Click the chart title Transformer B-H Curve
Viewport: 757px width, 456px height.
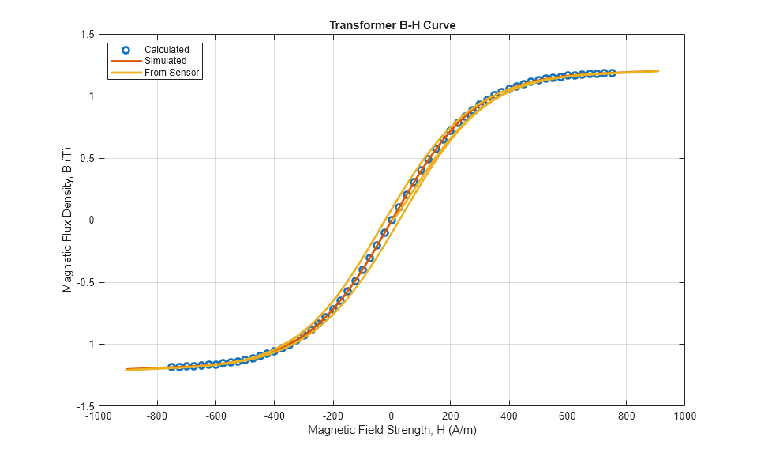coord(392,25)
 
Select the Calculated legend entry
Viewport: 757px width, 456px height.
coord(167,50)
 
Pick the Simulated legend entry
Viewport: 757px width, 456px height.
coord(165,61)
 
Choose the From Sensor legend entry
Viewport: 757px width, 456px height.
coord(171,73)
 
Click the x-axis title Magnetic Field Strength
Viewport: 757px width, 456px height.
coord(392,431)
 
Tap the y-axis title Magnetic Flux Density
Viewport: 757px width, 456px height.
coord(67,220)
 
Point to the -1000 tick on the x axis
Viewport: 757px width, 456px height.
coord(98,415)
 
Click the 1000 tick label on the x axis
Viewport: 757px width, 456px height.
coord(685,415)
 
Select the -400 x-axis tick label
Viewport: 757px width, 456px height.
coord(274,415)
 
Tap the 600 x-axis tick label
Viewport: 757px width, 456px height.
coord(568,415)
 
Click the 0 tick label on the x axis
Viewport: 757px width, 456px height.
coord(392,415)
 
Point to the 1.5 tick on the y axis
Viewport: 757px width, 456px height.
coord(87,35)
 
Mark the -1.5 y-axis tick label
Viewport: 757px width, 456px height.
coord(85,405)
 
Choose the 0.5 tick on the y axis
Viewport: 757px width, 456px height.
coord(87,158)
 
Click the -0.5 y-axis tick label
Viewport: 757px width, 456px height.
coord(85,282)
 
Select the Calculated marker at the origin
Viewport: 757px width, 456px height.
coord(392,220)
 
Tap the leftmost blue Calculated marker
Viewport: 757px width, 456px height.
coord(171,367)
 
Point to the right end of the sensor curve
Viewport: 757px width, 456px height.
coord(657,71)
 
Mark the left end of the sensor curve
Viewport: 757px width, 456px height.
coord(126,369)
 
